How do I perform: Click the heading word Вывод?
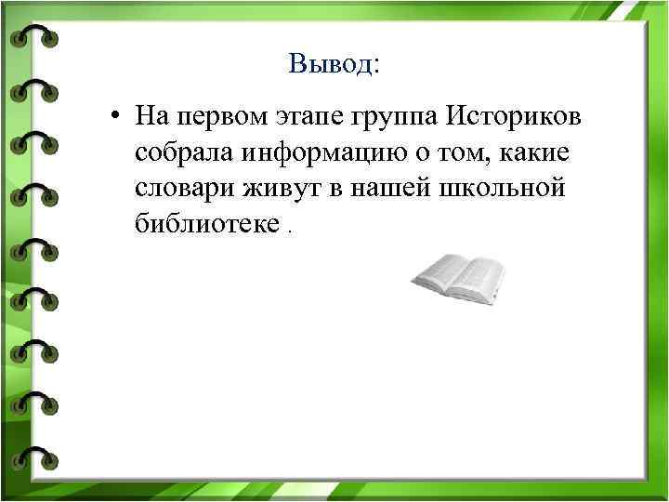[334, 64]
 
